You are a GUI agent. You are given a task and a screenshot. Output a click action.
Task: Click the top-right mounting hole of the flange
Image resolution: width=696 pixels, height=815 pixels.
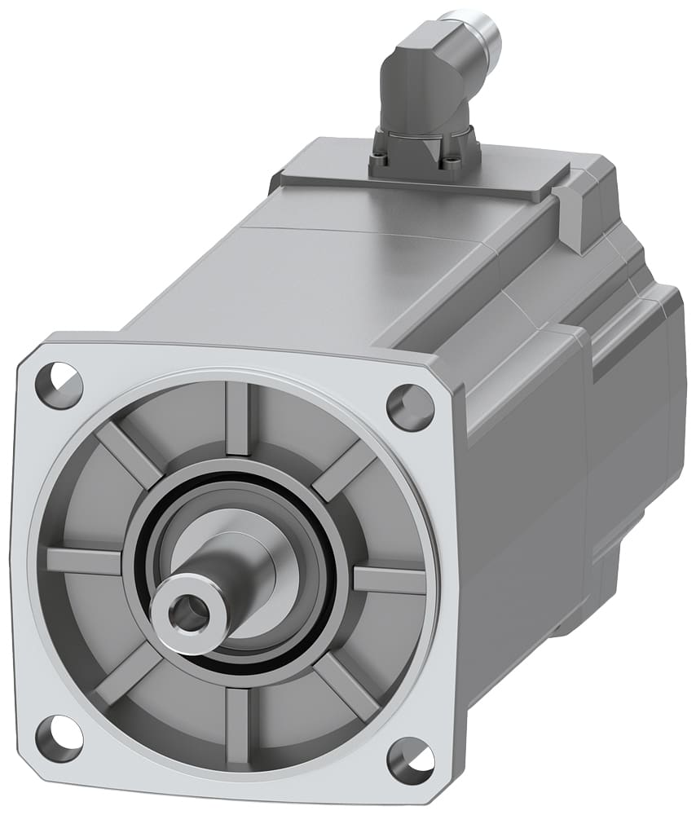pyautogui.click(x=410, y=405)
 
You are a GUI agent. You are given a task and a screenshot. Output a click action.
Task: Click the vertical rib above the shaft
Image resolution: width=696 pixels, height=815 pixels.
pyautogui.click(x=237, y=419)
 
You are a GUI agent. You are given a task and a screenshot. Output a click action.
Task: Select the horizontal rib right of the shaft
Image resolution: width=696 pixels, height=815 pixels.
pyautogui.click(x=389, y=579)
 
